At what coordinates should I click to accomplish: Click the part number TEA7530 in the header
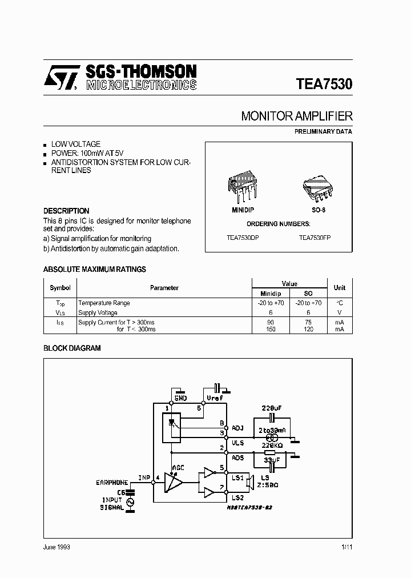coord(324,84)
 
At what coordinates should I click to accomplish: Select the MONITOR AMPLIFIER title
coord(296,116)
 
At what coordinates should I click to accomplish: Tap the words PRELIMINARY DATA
coord(323,131)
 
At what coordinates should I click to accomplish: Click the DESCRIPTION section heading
coord(66,211)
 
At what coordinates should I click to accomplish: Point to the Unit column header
coord(340,288)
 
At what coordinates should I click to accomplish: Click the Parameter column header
coord(164,288)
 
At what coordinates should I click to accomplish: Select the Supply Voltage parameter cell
coord(98,312)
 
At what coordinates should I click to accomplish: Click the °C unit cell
coord(340,303)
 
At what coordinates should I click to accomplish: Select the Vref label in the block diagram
coord(215,398)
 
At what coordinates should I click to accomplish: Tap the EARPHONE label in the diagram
coord(112,483)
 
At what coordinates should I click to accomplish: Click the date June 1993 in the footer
coord(57,547)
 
